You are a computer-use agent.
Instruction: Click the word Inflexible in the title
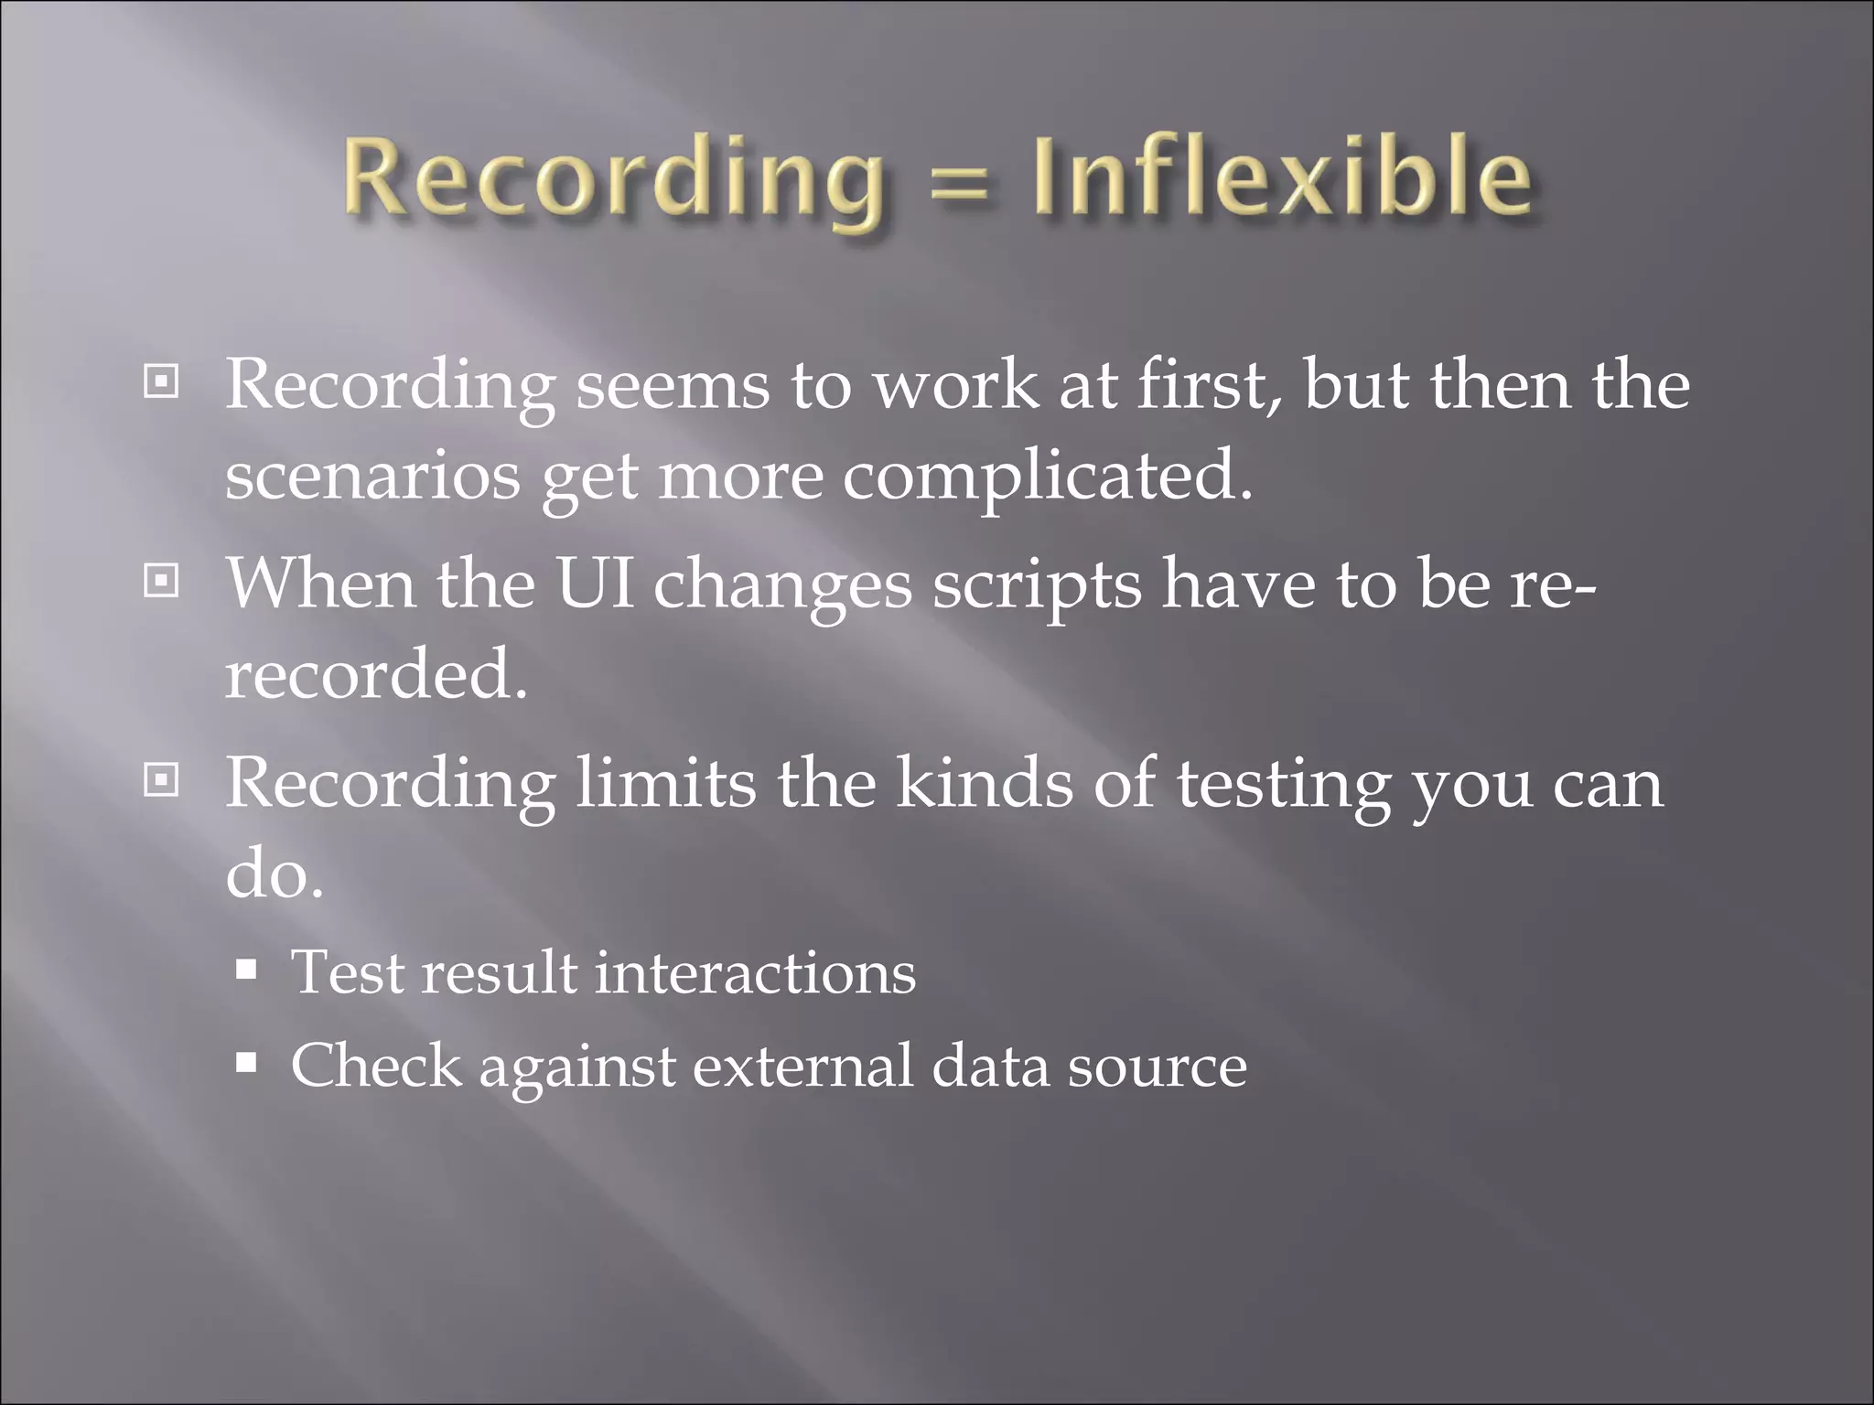1281,176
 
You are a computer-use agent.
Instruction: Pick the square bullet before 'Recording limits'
162,780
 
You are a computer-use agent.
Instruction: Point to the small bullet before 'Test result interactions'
246,970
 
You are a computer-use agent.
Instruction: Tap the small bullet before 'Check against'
246,1064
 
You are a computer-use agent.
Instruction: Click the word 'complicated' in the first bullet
1047,477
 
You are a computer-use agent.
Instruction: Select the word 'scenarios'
372,477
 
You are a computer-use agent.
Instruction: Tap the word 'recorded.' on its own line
376,674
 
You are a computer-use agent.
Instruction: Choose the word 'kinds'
984,783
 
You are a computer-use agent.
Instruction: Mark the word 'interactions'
755,972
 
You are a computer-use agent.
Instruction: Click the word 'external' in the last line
802,1067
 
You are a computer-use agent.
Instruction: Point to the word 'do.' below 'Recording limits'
275,874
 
